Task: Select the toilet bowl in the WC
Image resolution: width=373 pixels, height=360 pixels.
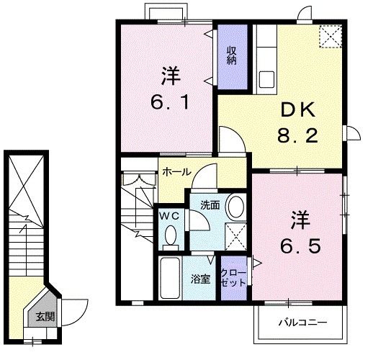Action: (171, 234)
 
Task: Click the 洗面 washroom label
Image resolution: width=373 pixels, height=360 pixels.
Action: (210, 205)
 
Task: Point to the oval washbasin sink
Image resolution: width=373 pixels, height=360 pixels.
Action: (235, 207)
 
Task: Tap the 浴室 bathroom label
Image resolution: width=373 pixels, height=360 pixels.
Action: (200, 279)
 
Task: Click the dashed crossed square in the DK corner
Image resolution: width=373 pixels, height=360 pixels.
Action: (330, 36)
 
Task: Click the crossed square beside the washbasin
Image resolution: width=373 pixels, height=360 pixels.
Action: (235, 233)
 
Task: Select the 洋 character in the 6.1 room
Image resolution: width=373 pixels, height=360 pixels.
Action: (170, 74)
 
